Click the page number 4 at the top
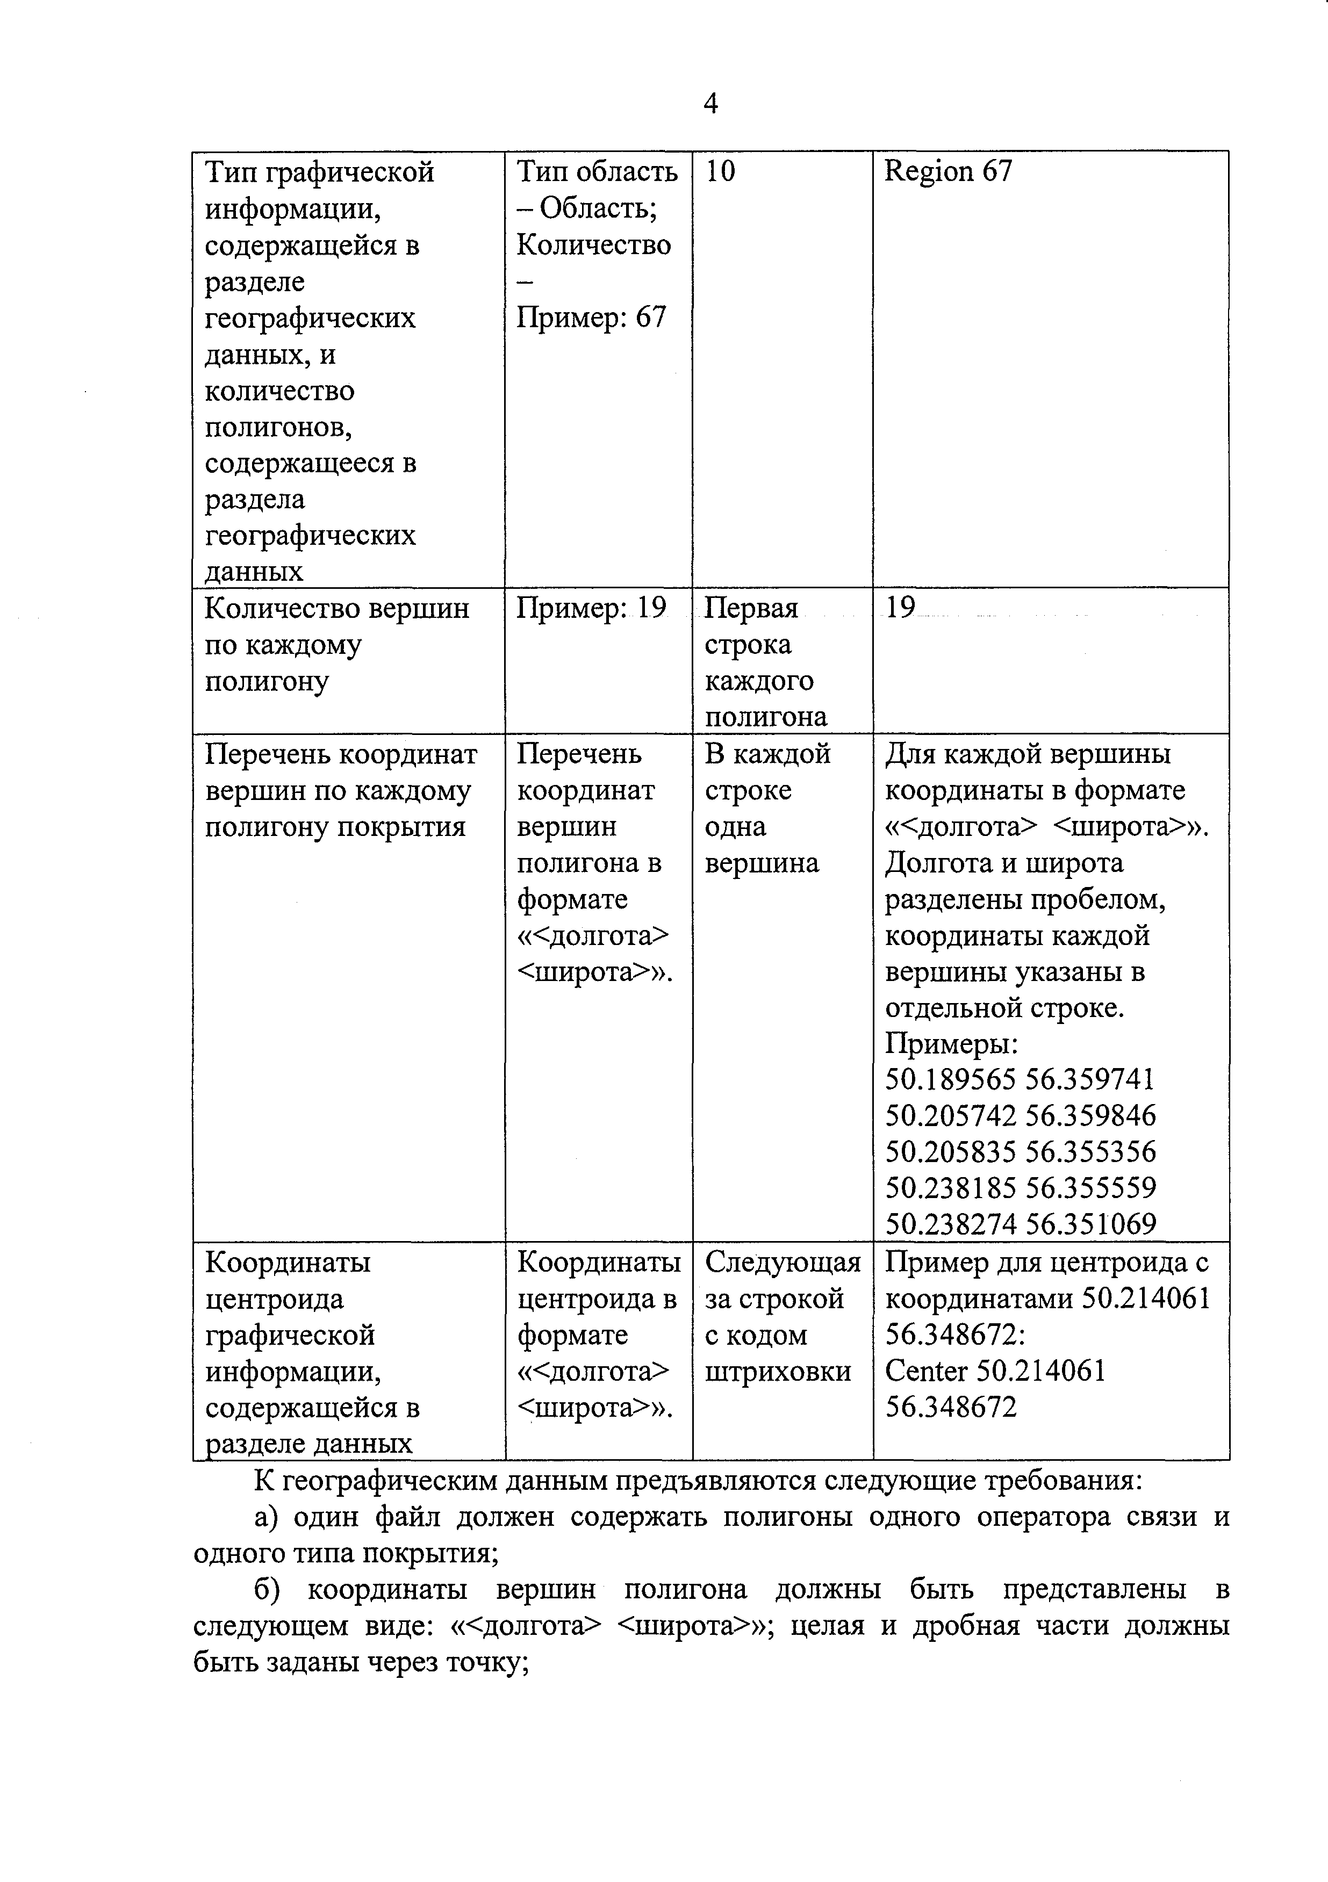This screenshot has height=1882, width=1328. pos(710,104)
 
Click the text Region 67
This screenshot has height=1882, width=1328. pos(949,171)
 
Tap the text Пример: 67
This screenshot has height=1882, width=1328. pos(591,317)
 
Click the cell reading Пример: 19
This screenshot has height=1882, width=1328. pos(591,608)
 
